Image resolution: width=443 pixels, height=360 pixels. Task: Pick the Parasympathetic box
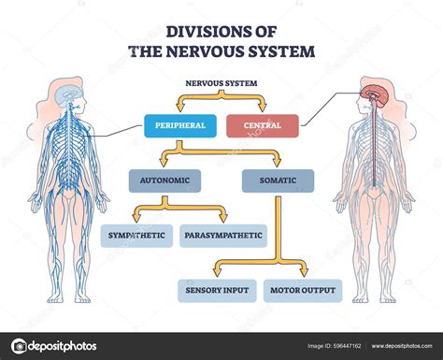click(222, 235)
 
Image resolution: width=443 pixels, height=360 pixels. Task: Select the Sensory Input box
click(217, 291)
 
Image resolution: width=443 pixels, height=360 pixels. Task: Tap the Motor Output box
click(303, 291)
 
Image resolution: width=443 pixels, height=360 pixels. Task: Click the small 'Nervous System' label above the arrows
click(221, 83)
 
